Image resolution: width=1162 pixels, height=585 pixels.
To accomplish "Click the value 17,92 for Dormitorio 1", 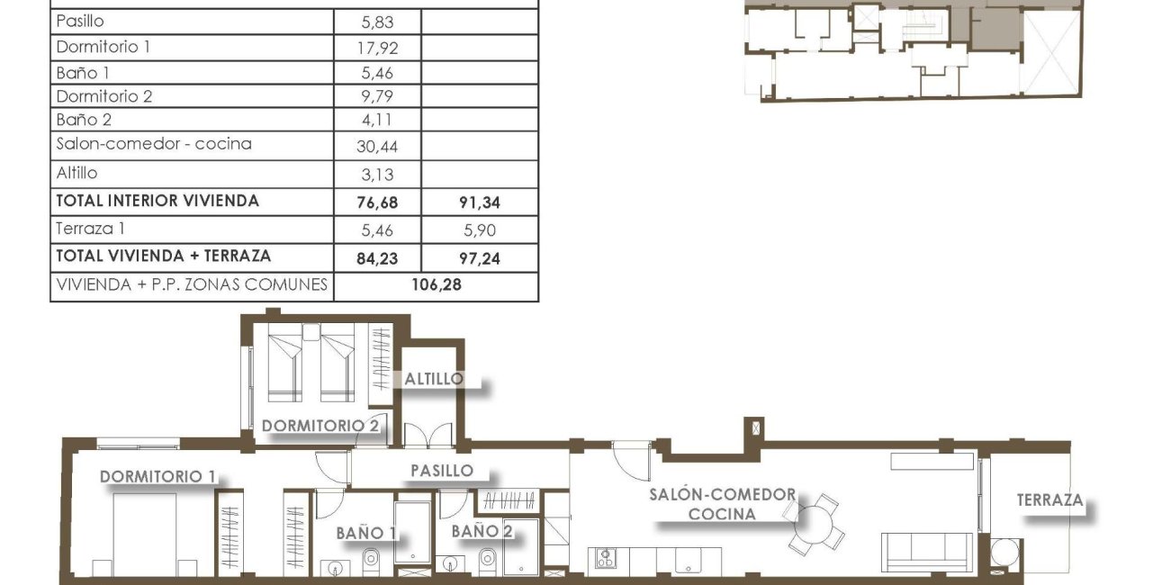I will click(x=377, y=47).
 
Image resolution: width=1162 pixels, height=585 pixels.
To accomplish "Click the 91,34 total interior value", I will click(x=478, y=202).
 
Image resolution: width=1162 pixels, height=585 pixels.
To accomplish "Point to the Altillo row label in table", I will click(x=77, y=173).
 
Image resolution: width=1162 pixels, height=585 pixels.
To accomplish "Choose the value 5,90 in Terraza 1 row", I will click(x=478, y=231).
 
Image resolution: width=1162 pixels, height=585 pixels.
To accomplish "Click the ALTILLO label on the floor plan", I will click(x=434, y=379).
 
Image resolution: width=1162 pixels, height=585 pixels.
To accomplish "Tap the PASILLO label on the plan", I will click(x=442, y=470).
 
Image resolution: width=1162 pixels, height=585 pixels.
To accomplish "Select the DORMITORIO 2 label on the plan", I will click(x=320, y=425).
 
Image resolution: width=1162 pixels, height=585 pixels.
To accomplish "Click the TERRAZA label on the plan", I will click(x=1050, y=500).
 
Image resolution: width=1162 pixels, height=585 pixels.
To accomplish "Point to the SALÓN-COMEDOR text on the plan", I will click(x=725, y=495).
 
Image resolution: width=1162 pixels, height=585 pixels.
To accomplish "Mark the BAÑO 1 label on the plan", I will click(x=366, y=533).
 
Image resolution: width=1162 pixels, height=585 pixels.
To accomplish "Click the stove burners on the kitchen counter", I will click(x=602, y=558).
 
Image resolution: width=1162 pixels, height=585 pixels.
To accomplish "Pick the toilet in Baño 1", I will click(x=372, y=562).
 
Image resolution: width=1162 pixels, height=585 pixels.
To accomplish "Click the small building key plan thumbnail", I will click(x=913, y=49).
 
